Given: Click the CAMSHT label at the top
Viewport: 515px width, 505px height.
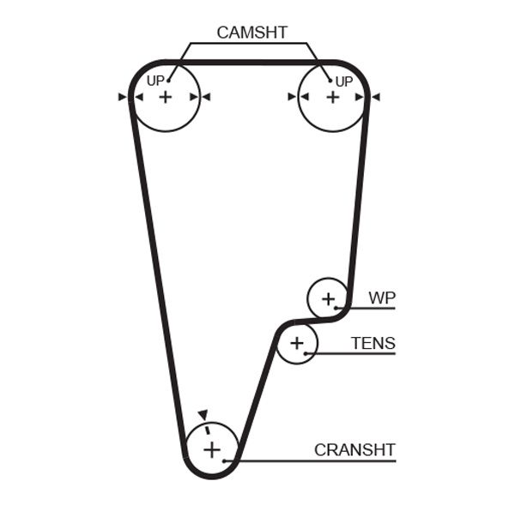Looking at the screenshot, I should point(251,33).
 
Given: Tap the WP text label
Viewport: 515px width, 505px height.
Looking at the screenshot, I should point(382,298).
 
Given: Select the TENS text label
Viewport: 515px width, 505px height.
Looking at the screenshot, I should point(373,344).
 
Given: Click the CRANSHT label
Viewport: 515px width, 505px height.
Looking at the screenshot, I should point(354,449).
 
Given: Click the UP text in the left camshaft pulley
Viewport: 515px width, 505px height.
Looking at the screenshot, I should point(154,81).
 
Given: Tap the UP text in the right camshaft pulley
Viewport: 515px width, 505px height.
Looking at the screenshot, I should point(343,81).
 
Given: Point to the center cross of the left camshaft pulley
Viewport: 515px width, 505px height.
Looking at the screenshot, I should point(165,97).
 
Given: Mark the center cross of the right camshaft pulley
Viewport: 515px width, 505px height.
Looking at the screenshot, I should point(332,97).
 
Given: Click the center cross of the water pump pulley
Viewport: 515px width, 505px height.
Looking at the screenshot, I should point(328,298).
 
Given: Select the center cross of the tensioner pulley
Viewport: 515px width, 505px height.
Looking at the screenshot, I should point(297,344).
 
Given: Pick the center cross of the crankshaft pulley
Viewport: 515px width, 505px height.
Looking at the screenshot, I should point(211,448).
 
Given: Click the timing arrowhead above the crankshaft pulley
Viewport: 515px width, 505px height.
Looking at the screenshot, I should point(202,413).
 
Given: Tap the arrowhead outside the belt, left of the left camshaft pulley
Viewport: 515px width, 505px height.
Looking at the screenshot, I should point(123,97).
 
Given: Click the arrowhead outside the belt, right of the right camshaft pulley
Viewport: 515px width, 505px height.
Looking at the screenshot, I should point(375,97).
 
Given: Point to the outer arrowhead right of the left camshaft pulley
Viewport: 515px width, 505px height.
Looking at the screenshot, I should point(206,97).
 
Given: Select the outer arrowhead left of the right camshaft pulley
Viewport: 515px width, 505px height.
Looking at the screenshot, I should point(292,97).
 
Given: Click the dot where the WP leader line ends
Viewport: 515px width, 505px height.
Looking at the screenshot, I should point(340,307).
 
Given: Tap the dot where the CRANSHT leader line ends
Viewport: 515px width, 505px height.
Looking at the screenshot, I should point(226,461).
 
